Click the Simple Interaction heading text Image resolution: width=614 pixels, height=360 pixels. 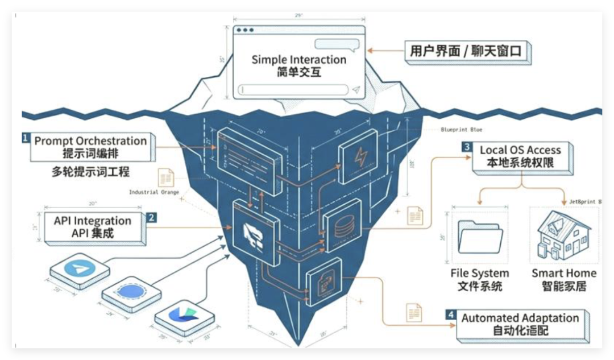point(298,59)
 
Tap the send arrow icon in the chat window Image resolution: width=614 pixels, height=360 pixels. point(356,89)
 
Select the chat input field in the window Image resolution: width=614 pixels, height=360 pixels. point(293,89)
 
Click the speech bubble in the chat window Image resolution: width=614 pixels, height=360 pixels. point(338,44)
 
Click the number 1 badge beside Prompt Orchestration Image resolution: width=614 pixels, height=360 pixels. point(26,138)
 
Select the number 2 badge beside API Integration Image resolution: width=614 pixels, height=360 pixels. point(152,217)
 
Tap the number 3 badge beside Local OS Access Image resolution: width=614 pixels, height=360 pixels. point(467,147)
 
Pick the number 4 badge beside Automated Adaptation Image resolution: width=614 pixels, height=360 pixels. point(451,315)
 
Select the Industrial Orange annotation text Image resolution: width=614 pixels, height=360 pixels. point(152,192)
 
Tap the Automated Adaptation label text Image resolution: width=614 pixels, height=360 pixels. point(520,318)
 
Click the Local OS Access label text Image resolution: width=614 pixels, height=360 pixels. point(520,150)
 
